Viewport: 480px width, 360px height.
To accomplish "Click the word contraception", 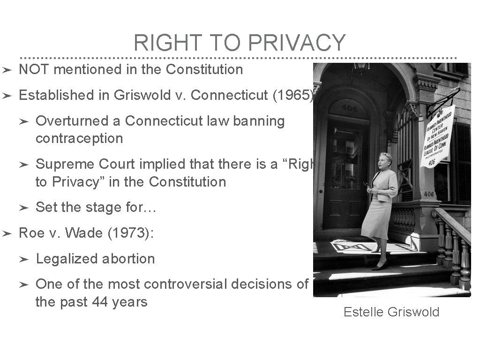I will tap(79, 139).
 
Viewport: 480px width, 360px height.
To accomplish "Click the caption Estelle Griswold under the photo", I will tap(391, 312).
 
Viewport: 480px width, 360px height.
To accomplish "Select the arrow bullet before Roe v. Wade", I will tap(7, 233).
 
